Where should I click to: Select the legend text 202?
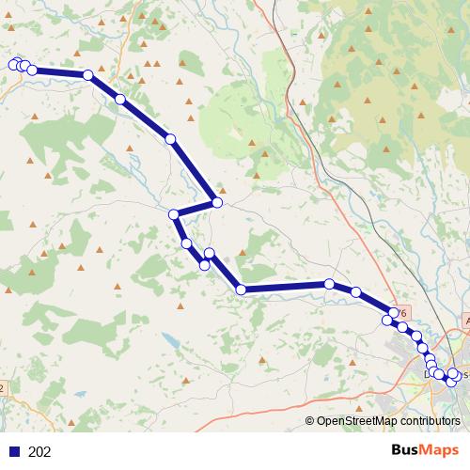(x=39, y=451)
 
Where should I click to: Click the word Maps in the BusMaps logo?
(x=442, y=450)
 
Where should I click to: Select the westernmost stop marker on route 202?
(x=14, y=64)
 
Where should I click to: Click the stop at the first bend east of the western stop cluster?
(x=87, y=75)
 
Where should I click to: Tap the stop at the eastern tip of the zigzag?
(x=217, y=202)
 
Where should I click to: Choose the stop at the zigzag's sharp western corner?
(x=174, y=215)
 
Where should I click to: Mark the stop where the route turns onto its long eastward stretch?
(x=241, y=290)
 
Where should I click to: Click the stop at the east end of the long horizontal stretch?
(x=330, y=284)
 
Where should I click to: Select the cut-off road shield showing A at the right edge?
(x=466, y=321)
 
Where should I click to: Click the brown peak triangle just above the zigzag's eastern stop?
(x=222, y=188)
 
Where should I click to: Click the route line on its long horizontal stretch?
(x=282, y=287)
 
